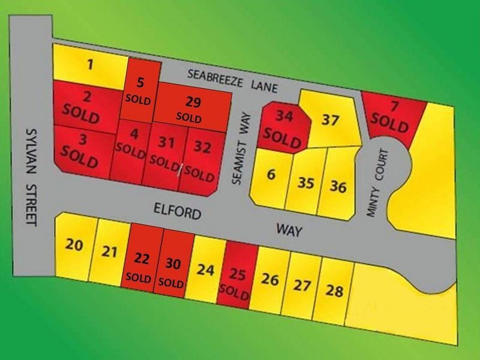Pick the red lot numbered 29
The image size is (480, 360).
[193, 108]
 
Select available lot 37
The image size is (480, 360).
[329, 119]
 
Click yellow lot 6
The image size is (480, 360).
[271, 175]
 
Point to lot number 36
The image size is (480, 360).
[338, 187]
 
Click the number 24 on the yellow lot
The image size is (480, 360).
[205, 270]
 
